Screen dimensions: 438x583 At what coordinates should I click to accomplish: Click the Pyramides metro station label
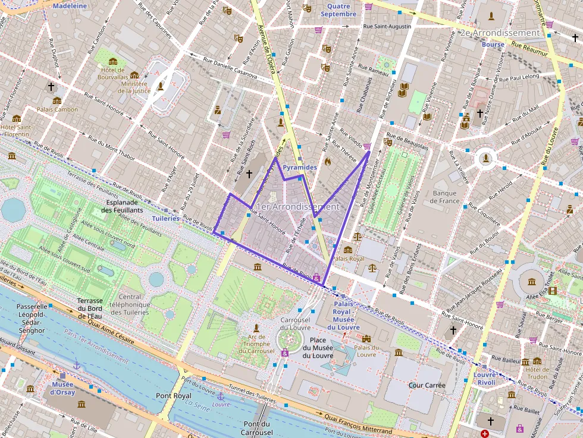click(x=299, y=168)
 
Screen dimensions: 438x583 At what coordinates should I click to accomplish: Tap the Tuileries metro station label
click(x=165, y=218)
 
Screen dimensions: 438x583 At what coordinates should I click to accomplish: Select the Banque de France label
click(x=444, y=197)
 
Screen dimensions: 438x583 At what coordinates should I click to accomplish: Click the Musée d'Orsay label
click(x=62, y=388)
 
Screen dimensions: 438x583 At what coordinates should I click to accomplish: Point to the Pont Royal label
click(x=173, y=395)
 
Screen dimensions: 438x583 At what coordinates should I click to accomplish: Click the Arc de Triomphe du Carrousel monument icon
click(x=256, y=327)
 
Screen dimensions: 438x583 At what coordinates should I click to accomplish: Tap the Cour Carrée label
click(x=427, y=385)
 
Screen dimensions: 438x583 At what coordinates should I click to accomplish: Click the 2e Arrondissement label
click(x=499, y=33)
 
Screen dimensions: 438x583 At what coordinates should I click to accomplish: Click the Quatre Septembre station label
click(x=338, y=10)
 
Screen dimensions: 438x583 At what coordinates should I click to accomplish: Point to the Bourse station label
click(x=493, y=45)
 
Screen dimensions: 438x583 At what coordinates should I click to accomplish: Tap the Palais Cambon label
click(x=58, y=109)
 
